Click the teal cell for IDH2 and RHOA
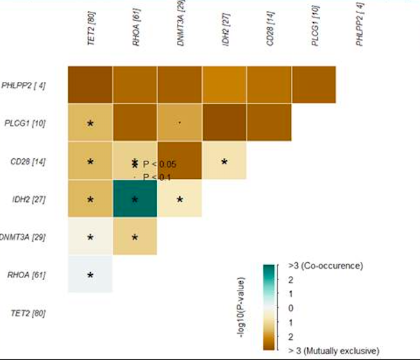[135, 200]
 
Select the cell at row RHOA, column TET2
[90, 275]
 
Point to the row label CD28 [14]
[26, 162]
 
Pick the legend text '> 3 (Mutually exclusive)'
[333, 350]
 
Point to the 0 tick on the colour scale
[292, 308]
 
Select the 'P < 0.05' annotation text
[160, 164]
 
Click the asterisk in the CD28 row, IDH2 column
[224, 162]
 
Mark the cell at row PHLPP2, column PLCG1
[314, 85]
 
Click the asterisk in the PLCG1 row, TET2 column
[90, 124]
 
